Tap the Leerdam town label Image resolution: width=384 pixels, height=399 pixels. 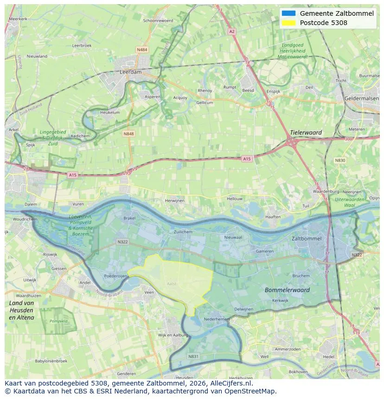point(130,73)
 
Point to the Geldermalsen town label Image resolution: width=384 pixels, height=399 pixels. point(362,99)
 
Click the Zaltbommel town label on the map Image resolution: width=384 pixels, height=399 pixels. point(306,238)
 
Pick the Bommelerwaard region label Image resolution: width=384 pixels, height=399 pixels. point(287,290)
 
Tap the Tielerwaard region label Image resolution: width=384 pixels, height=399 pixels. point(306,133)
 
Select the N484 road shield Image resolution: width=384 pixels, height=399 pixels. point(142,50)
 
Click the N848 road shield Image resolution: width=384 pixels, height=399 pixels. point(128,133)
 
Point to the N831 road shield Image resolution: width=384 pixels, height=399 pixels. point(193,356)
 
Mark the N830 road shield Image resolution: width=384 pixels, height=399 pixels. point(340,160)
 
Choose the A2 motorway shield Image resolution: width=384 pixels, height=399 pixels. point(231,32)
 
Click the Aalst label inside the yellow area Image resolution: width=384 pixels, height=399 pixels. point(172,284)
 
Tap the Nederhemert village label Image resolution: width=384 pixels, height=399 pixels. point(217,319)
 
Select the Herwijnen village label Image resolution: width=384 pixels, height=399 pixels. point(175,201)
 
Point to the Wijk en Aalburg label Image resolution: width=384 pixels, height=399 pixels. point(173,335)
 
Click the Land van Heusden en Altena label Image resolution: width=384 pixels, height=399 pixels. point(21,310)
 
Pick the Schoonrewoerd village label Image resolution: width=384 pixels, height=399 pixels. point(158,21)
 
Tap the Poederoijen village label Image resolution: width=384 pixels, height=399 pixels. point(115,275)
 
